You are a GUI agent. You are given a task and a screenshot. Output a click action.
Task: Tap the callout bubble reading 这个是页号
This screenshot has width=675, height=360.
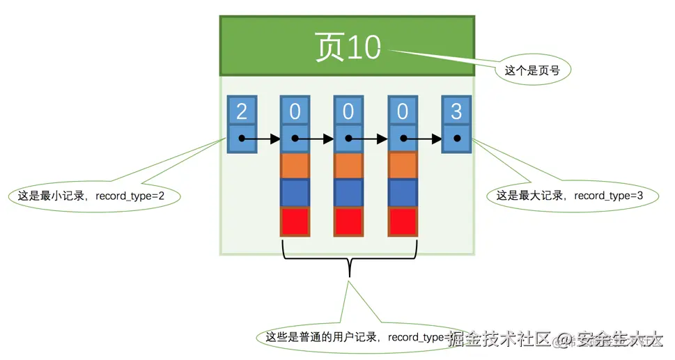tap(532, 70)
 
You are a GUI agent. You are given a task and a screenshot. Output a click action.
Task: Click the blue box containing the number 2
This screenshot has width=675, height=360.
tap(242, 111)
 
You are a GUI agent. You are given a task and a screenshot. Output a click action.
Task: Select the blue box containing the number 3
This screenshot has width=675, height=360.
tap(456, 111)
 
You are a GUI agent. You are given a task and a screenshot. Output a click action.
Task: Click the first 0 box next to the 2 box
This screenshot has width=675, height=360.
tap(295, 111)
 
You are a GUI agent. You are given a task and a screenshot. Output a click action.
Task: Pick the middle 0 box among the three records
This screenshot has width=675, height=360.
tap(349, 111)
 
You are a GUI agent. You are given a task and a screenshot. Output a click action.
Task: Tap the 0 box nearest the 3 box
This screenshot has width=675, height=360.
tap(403, 111)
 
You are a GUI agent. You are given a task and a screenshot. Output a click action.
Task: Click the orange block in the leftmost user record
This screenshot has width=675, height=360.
tap(295, 166)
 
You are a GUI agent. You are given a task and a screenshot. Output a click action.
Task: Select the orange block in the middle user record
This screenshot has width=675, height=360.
tap(349, 166)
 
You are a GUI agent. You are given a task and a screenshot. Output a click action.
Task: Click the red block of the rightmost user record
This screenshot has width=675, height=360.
tap(403, 221)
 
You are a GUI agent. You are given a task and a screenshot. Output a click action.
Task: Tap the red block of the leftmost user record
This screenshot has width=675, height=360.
tap(295, 221)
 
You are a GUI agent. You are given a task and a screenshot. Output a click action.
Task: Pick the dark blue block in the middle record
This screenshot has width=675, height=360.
tap(349, 193)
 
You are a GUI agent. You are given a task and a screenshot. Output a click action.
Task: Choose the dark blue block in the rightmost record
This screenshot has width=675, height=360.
tap(403, 193)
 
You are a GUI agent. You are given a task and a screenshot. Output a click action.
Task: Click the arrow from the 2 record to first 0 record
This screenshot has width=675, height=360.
tap(262, 139)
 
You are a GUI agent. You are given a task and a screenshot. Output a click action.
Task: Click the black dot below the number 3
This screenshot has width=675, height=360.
tap(457, 139)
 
